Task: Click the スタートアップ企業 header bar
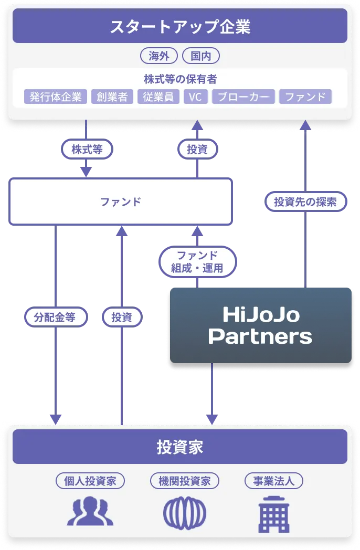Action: tap(180, 27)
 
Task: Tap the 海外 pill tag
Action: tap(158, 56)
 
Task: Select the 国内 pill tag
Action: tap(200, 56)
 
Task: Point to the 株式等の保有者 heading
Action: tap(180, 79)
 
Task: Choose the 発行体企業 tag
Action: tap(56, 97)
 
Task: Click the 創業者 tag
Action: tap(112, 97)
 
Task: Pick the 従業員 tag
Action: tap(158, 97)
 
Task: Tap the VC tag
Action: tap(195, 97)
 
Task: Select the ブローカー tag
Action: tap(243, 97)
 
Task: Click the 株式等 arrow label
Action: tap(87, 150)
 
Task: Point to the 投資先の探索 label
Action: tap(305, 202)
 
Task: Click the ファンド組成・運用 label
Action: tap(197, 261)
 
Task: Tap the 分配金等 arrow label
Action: tap(55, 317)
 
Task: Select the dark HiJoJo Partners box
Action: tap(260, 325)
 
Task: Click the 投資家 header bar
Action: tap(180, 447)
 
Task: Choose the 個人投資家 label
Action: tap(90, 481)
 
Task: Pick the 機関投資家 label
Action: tap(185, 481)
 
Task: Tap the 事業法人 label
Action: tap(274, 481)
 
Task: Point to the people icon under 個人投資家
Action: tap(90, 512)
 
